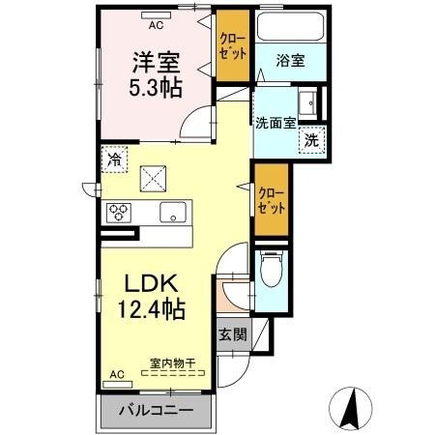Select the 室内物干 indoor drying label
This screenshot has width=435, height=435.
tap(172, 363)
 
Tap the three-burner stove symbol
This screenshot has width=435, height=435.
tap(119, 213)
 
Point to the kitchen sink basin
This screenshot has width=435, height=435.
tap(173, 214)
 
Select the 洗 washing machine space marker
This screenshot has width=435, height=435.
tap(311, 140)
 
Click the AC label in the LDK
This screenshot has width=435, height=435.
tap(117, 374)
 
